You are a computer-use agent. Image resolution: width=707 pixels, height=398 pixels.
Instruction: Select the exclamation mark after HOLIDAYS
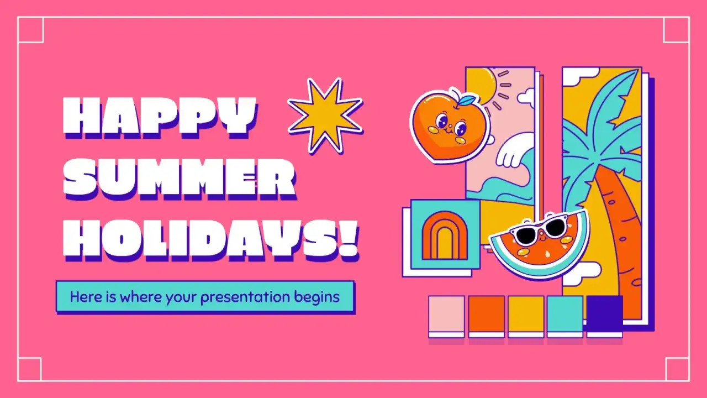tap(349, 239)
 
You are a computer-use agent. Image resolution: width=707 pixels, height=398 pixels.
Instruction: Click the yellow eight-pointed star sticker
tap(325, 115)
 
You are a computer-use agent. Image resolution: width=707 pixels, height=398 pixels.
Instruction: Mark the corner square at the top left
tap(30, 29)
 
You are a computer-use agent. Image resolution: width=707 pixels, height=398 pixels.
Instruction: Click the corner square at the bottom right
tap(677, 369)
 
